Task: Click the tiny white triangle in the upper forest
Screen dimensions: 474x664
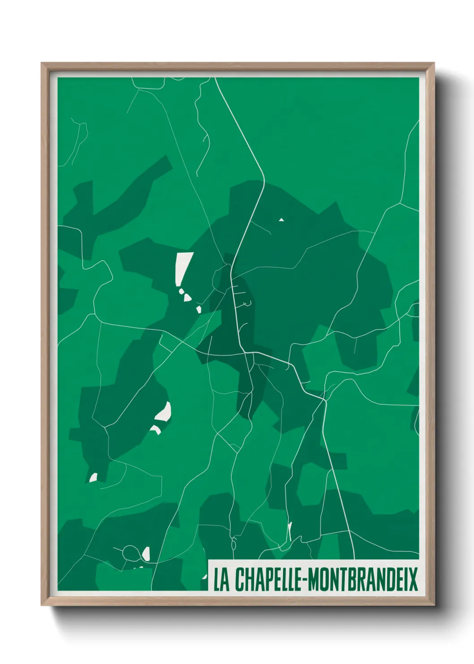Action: (281, 220)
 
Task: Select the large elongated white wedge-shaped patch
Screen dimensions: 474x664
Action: (183, 267)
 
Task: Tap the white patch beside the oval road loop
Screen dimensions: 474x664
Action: (146, 553)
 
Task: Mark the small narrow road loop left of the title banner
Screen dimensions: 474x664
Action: (233, 544)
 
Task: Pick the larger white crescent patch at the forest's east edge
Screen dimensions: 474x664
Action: (164, 412)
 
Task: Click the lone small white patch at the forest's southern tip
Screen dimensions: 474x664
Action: (93, 477)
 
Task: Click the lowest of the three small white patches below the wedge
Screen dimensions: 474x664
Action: (198, 309)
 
